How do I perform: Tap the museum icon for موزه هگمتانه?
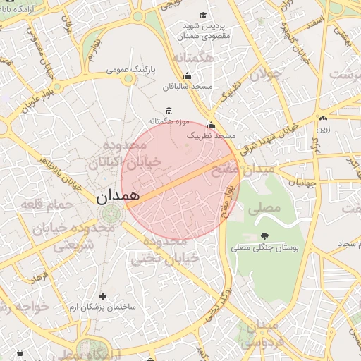point(168,111)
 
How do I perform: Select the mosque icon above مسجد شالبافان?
point(187,76)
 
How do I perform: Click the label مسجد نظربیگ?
point(212,135)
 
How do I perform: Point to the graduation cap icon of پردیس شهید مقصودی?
point(204,16)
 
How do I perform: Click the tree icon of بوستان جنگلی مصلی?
point(264,236)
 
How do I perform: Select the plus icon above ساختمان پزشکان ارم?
point(103,296)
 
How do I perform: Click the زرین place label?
point(324,129)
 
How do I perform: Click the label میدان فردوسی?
point(262,336)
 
